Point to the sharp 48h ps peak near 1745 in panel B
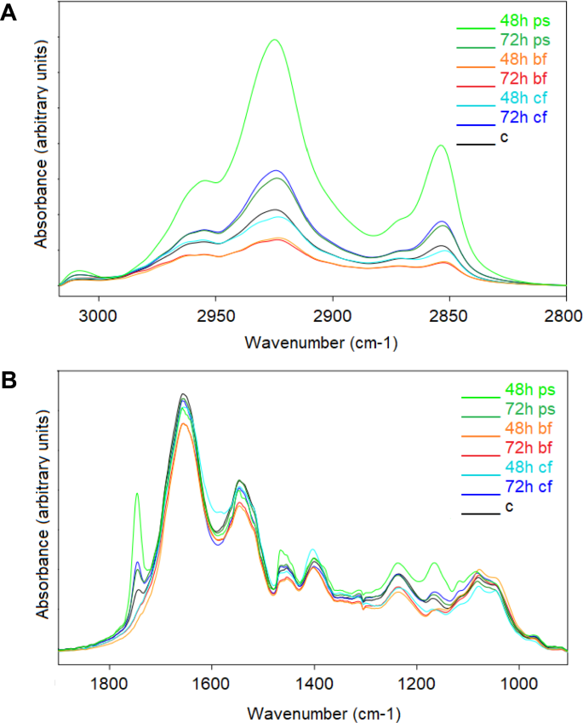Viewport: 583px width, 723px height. coord(136,493)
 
